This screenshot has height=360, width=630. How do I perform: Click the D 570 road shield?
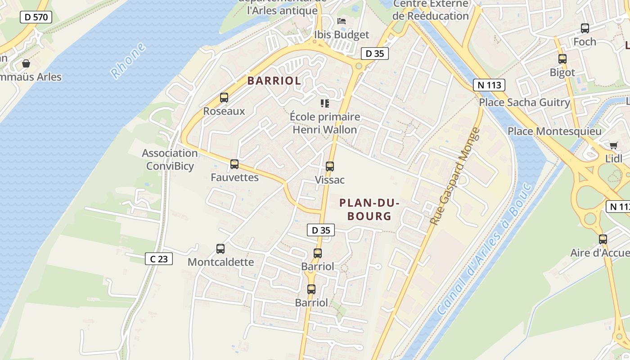(x=36, y=18)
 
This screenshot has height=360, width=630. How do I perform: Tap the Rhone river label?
(x=128, y=60)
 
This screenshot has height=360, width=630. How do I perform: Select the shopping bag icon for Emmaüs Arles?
(x=26, y=63)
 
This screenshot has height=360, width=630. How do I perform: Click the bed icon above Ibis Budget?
(x=342, y=21)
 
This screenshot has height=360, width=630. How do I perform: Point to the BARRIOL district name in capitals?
(x=274, y=81)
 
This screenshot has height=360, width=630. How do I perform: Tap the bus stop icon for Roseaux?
(x=224, y=98)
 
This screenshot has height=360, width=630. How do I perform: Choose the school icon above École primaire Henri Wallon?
(x=324, y=103)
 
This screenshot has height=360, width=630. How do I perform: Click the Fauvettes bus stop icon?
(x=234, y=164)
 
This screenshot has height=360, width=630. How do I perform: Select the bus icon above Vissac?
(x=330, y=166)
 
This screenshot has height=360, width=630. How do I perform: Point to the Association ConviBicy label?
(x=170, y=160)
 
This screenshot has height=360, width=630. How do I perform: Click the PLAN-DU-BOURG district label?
(x=369, y=210)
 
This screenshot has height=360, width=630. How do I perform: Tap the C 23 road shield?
(x=159, y=259)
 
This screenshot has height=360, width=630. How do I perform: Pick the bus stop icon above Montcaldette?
(x=220, y=249)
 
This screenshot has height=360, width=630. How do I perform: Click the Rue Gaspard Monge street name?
(x=455, y=176)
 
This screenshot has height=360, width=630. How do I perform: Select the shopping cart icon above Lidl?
(x=613, y=145)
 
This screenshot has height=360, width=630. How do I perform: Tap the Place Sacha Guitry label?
(x=524, y=102)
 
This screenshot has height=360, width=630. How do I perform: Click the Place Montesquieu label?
(x=554, y=131)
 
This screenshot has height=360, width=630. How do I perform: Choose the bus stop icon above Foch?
(x=585, y=28)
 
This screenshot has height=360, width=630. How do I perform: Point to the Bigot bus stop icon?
(x=562, y=59)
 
